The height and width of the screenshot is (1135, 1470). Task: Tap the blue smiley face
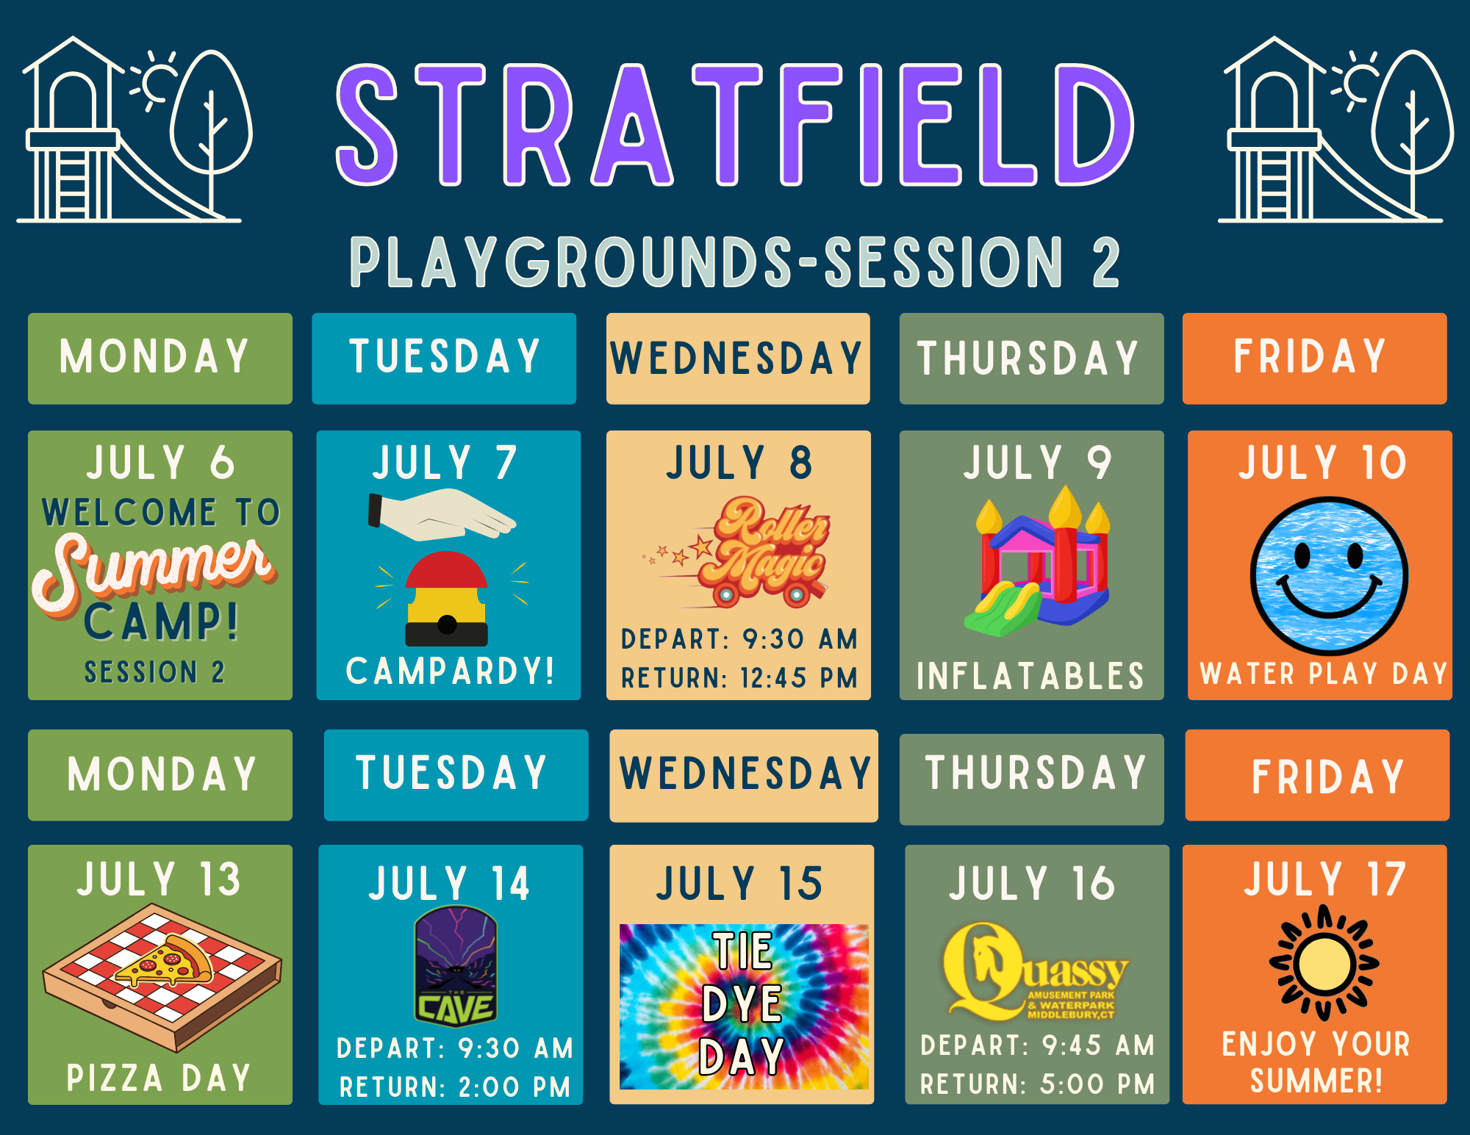pos(1329,576)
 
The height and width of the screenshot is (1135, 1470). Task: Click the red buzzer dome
pos(446,570)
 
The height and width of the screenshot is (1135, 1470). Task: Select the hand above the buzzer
pos(442,514)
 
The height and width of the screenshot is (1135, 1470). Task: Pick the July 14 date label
pos(449,883)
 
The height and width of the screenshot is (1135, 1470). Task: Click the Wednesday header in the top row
pos(736,358)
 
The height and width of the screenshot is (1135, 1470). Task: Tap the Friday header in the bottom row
pos(1327,777)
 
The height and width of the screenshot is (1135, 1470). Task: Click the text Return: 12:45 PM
pos(739,677)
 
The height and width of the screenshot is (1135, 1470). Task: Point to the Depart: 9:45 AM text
pos(1037,1045)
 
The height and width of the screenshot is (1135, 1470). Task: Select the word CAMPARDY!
pos(450,671)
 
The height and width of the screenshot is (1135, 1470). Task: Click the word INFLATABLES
pos(1030,676)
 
